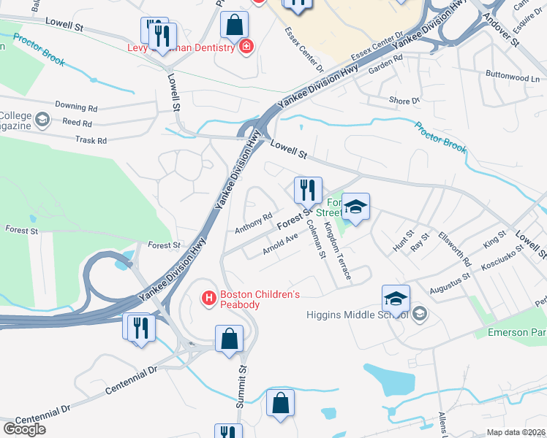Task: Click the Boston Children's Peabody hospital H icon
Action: pyautogui.click(x=209, y=298)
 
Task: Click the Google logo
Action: pyautogui.click(x=24, y=429)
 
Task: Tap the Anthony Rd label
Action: pyautogui.click(x=253, y=223)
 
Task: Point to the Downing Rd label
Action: pyautogui.click(x=75, y=107)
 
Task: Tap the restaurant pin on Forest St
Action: pyautogui.click(x=308, y=190)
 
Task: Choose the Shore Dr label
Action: pyautogui.click(x=404, y=101)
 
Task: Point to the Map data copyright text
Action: pyautogui.click(x=516, y=432)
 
